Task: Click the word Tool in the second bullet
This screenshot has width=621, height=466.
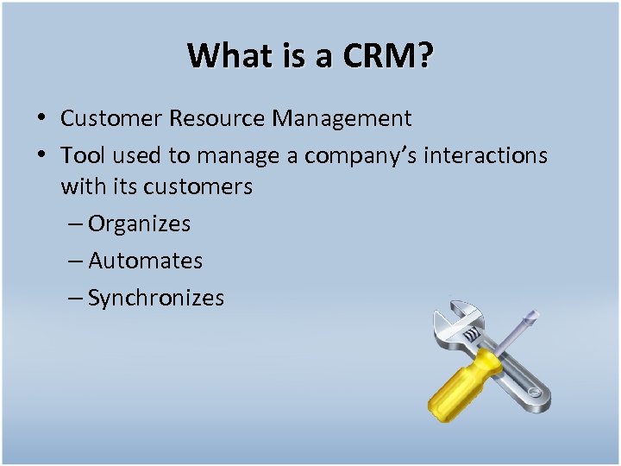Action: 82,155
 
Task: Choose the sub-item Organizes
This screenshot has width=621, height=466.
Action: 139,224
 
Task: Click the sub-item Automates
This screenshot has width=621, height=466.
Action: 145,261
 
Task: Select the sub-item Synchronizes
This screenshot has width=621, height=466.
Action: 155,299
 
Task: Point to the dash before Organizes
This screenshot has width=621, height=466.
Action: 74,224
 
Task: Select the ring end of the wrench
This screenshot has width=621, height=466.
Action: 534,395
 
